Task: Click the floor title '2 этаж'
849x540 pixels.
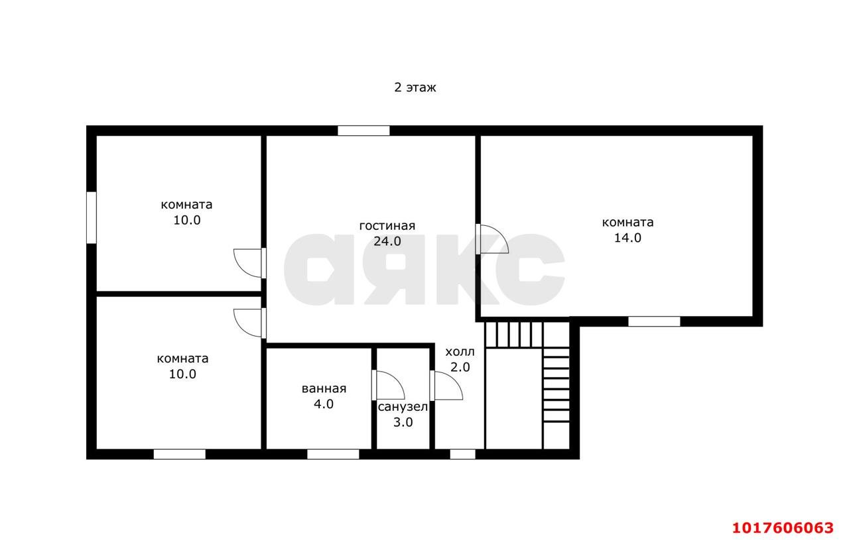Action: click(x=415, y=87)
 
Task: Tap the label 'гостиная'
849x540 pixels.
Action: click(x=387, y=226)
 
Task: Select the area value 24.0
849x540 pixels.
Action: click(x=387, y=241)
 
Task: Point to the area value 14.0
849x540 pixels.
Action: click(x=627, y=238)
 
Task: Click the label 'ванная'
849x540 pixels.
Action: click(x=324, y=388)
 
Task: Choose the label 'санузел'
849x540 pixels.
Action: click(x=403, y=407)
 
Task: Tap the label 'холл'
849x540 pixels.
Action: click(x=460, y=352)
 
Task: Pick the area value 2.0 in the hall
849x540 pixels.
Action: click(x=460, y=367)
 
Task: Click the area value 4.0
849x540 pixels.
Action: click(x=324, y=404)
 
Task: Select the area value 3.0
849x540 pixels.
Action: click(x=403, y=422)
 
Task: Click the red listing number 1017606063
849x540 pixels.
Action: click(x=783, y=527)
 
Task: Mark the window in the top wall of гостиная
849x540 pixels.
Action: click(x=363, y=131)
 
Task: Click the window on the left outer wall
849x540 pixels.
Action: click(x=92, y=218)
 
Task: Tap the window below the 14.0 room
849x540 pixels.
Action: click(x=654, y=321)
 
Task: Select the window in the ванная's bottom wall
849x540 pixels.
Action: click(x=333, y=455)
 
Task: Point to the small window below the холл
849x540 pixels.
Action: click(x=463, y=455)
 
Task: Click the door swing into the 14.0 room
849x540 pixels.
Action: click(x=492, y=239)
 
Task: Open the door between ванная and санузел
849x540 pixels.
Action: click(x=389, y=385)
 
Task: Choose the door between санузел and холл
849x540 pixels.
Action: click(x=446, y=385)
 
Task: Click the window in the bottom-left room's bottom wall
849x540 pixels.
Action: click(x=180, y=455)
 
